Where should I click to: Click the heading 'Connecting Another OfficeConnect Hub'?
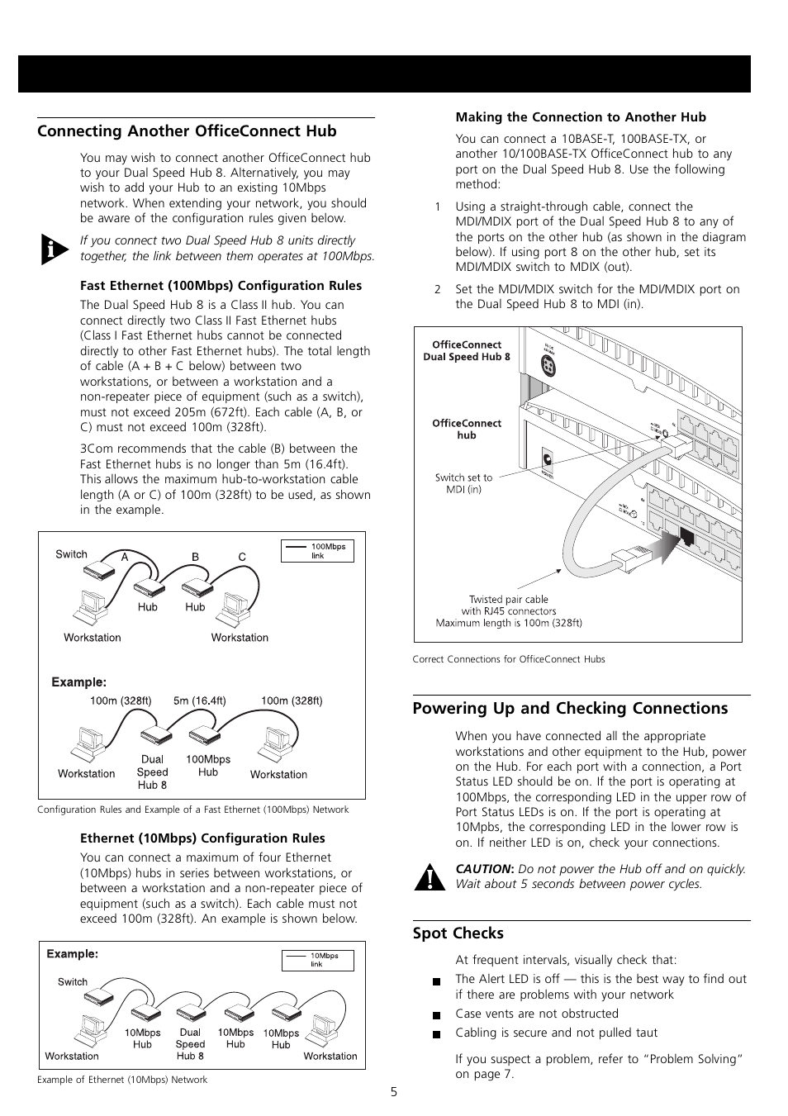pyautogui.click(x=187, y=131)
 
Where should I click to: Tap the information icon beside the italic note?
pyautogui.click(x=55, y=249)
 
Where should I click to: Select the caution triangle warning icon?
pyautogui.click(x=430, y=876)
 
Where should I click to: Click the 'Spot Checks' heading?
pyautogui.click(x=458, y=933)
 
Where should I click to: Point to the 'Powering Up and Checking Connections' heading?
pyautogui.click(x=570, y=709)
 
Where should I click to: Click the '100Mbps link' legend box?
pyautogui.click(x=317, y=551)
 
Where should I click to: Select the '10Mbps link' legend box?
pyautogui.click(x=318, y=961)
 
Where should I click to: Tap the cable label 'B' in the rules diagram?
pyautogui.click(x=196, y=557)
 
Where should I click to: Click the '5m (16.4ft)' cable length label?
pyautogui.click(x=199, y=701)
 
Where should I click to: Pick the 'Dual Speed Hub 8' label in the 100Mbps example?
pyautogui.click(x=152, y=772)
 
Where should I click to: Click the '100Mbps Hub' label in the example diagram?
pyautogui.click(x=208, y=766)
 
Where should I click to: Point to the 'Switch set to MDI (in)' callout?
pyautogui.click(x=463, y=483)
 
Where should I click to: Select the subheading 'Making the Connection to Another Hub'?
pyautogui.click(x=581, y=117)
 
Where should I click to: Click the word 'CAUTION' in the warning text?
pyautogui.click(x=483, y=869)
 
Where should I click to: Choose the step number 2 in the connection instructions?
pyautogui.click(x=438, y=289)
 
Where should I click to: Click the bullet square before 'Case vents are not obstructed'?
pyautogui.click(x=436, y=1015)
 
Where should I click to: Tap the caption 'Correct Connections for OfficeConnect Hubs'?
pyautogui.click(x=509, y=659)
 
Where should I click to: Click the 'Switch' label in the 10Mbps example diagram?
pyautogui.click(x=73, y=982)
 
